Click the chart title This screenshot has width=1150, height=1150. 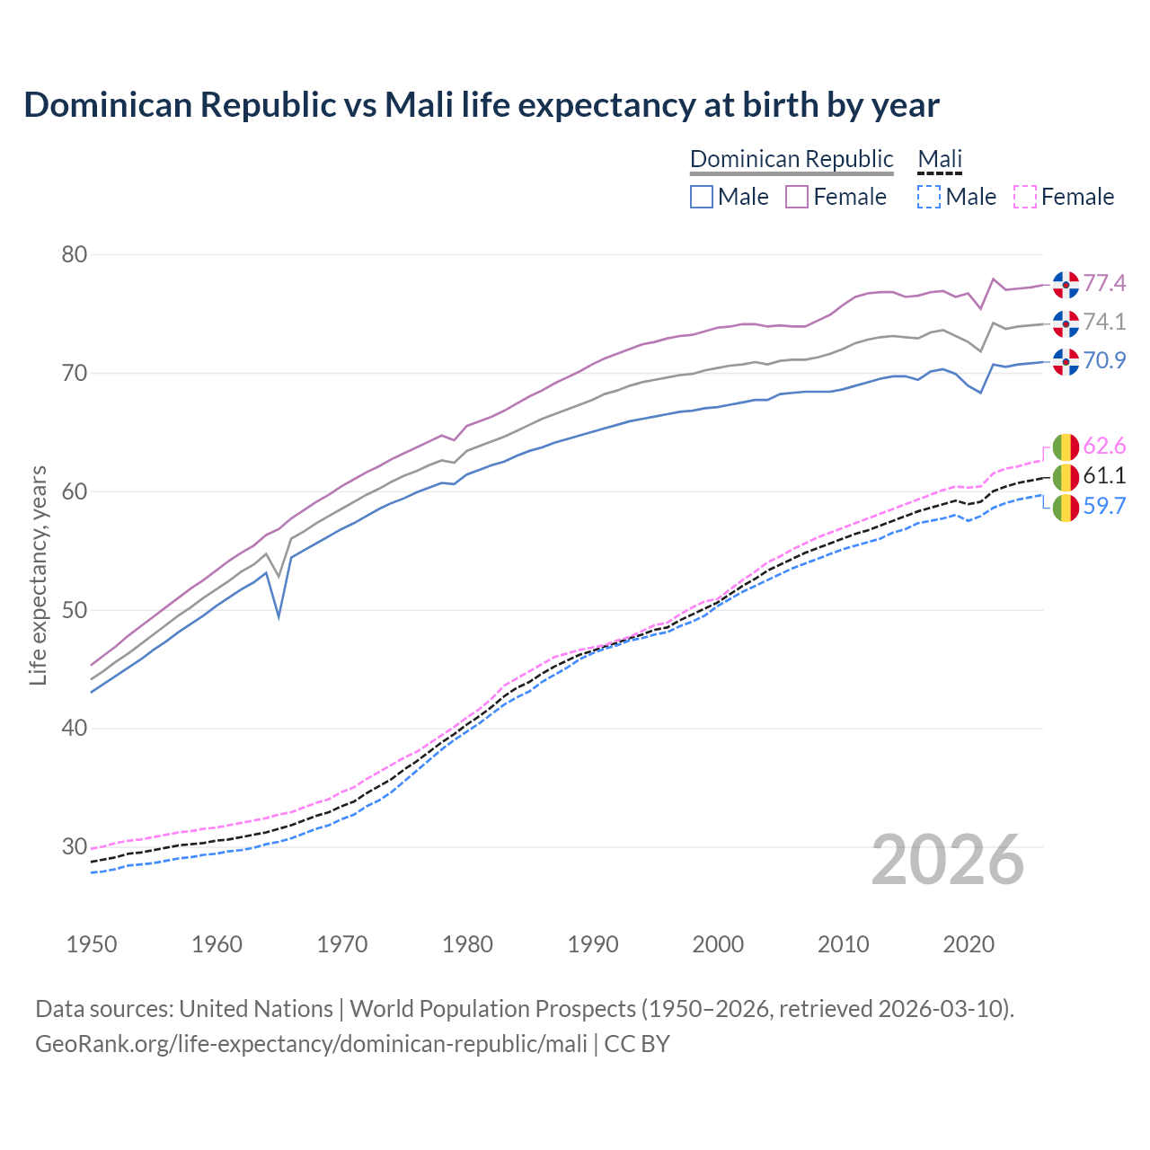[x=482, y=105]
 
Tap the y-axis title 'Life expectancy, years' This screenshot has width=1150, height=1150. [x=38, y=575]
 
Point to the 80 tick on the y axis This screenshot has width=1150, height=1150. [x=75, y=255]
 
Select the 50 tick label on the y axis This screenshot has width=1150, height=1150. [x=75, y=610]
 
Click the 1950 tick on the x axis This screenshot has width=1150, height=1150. [x=93, y=944]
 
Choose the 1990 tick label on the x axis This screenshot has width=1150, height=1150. [x=593, y=944]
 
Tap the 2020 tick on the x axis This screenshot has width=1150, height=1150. [x=969, y=944]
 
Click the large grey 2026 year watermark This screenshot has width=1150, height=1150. [x=948, y=860]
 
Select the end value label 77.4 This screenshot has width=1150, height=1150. [x=1104, y=284]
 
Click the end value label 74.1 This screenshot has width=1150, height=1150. [x=1104, y=323]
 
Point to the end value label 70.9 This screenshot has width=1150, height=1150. [x=1104, y=361]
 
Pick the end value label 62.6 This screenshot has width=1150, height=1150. [x=1104, y=447]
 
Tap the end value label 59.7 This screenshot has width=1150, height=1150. [x=1104, y=507]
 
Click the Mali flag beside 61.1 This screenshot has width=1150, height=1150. [x=1066, y=477]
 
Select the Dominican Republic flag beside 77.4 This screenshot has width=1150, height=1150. [x=1066, y=285]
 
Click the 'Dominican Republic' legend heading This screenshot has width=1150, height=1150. [x=792, y=159]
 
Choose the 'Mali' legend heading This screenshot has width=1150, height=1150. [x=940, y=159]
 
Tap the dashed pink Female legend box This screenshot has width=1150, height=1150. [x=1025, y=197]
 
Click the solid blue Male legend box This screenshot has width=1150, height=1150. [x=702, y=197]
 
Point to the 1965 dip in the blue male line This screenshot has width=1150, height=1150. [x=279, y=616]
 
